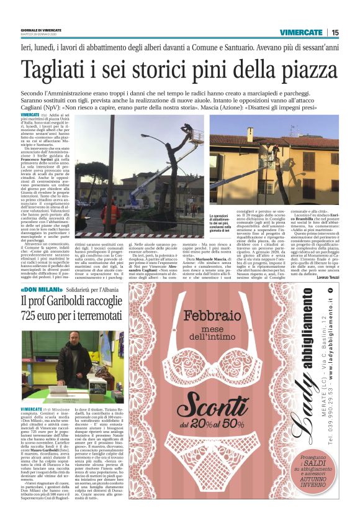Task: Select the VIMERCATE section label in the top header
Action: [x=300, y=32]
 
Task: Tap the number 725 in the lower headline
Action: [x=30, y=318]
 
